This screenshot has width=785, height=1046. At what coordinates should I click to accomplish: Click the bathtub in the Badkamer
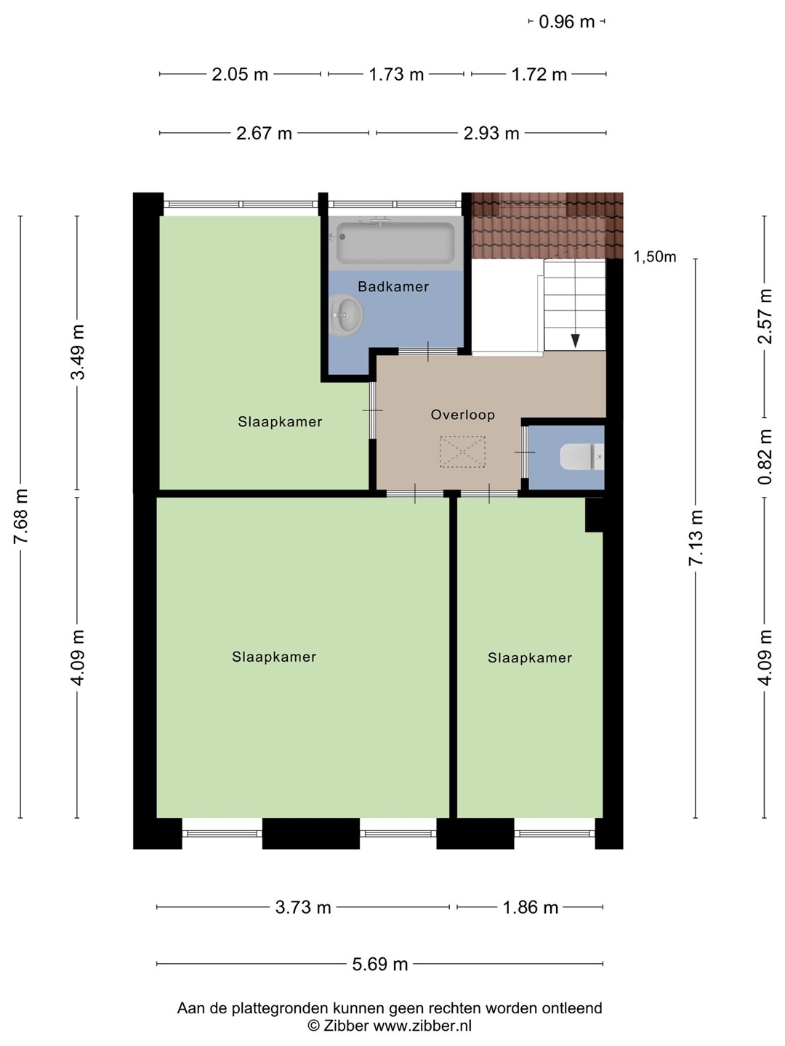pos(395,243)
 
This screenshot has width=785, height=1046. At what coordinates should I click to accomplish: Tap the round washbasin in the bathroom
pos(347,315)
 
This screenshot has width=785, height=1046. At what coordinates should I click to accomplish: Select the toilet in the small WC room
pos(581,456)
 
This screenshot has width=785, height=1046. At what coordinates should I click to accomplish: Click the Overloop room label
pos(462,415)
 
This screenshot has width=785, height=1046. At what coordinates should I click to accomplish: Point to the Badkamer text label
pos(393,286)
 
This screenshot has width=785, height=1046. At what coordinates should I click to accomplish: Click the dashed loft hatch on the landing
pos(462,451)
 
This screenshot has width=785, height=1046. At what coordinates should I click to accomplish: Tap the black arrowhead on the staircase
pos(575,341)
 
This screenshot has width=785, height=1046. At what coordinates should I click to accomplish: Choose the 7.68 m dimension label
pos(22,516)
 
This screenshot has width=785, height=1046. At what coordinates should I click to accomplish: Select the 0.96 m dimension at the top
pos(567,22)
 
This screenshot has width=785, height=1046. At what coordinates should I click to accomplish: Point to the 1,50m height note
pos(654,257)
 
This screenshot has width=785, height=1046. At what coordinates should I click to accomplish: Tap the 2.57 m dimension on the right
pos(765,316)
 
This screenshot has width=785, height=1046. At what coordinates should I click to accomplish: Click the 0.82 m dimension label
pos(765,457)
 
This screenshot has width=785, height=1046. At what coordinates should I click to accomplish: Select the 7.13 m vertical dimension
pos(696,538)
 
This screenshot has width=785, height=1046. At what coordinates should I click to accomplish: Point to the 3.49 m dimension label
pos(77,352)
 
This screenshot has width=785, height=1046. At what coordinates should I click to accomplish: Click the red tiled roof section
pos(547,225)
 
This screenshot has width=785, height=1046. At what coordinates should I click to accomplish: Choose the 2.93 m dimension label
pos(491,134)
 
